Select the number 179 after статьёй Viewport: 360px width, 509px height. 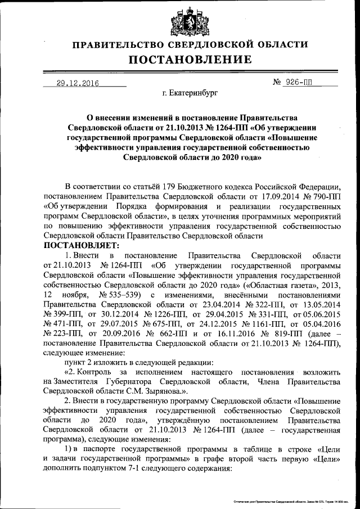click(x=166, y=187)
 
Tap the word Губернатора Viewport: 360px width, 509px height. click(x=131, y=381)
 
